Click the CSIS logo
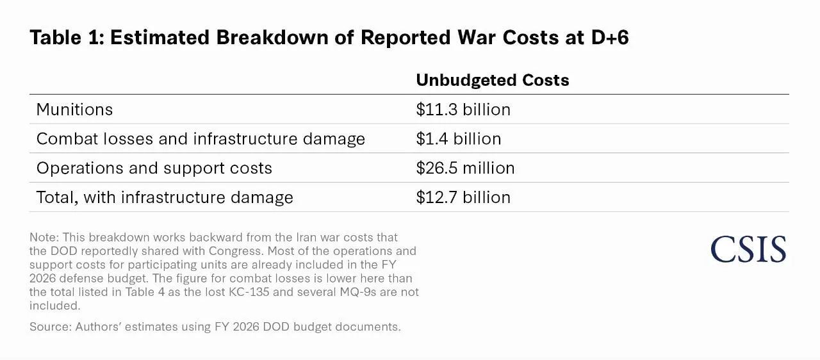(748, 250)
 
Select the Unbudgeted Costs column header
(492, 80)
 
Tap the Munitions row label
(74, 110)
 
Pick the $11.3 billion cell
(463, 110)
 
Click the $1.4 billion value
(459, 139)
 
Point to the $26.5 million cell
(465, 168)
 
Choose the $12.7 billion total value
(463, 197)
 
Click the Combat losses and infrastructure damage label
(201, 139)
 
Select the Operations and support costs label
(154, 168)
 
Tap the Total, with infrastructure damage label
(165, 197)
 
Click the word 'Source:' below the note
(49, 327)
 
